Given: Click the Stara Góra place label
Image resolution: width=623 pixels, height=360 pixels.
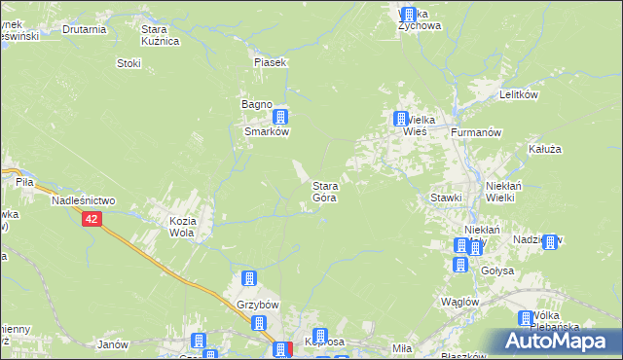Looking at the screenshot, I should click(325, 191).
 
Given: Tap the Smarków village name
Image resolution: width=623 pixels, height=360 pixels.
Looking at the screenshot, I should click(264, 133).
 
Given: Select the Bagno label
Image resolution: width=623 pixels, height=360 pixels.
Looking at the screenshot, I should click(256, 104).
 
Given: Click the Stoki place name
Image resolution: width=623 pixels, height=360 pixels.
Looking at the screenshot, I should click(128, 63).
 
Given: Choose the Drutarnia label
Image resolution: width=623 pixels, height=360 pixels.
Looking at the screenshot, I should click(84, 29).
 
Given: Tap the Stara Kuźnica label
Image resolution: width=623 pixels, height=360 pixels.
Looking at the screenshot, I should click(161, 36).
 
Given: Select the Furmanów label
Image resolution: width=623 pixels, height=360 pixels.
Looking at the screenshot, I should click(476, 130).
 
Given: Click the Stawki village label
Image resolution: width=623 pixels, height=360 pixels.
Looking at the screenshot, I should click(446, 198).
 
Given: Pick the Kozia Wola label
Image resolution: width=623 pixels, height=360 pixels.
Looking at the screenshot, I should click(183, 227).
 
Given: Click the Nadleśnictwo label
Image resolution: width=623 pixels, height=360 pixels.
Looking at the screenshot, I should click(84, 199).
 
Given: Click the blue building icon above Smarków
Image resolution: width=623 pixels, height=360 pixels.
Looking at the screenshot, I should click(280, 117).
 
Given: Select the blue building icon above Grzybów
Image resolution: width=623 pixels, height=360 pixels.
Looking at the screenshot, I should click(250, 279).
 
